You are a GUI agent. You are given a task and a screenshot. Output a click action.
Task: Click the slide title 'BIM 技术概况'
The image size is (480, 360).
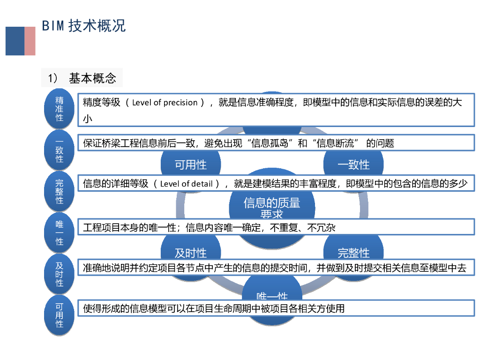[84, 26]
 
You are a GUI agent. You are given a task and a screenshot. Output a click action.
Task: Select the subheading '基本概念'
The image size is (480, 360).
[92, 78]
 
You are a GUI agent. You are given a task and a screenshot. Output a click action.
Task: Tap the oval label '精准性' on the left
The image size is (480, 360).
[60, 109]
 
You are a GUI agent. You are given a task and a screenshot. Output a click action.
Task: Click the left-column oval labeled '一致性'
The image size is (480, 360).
[60, 150]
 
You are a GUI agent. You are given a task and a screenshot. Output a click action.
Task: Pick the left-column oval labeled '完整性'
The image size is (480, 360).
[60, 191]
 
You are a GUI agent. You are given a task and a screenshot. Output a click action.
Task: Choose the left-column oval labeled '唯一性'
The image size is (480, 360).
[60, 232]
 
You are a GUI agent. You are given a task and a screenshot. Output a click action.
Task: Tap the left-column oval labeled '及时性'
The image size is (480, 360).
[60, 274]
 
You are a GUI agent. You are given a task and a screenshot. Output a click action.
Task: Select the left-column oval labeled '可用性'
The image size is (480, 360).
[60, 315]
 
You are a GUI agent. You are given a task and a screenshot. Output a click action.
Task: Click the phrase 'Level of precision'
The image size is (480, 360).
[165, 103]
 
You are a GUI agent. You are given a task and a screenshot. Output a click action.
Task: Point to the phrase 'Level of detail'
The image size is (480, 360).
[186, 184]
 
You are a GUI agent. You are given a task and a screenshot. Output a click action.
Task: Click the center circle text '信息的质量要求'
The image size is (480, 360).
[272, 208]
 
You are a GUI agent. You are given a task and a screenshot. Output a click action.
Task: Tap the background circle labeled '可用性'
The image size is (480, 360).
[191, 165]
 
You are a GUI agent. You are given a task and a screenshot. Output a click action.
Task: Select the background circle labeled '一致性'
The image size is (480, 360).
[353, 165]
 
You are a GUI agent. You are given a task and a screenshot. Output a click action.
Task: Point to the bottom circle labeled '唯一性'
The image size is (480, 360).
[272, 296]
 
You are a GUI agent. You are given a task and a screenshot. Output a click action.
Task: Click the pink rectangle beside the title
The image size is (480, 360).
[30, 41]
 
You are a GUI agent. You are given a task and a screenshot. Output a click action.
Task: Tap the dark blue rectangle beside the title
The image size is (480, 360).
[15, 41]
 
